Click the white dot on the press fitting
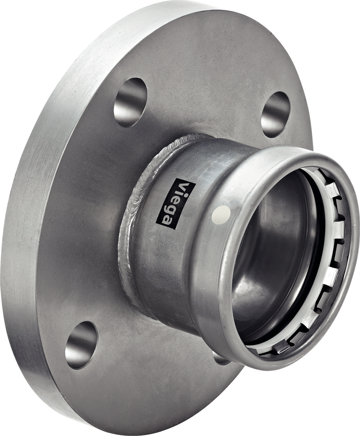(221, 215)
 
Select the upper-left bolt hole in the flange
(130, 102)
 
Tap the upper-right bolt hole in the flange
(275, 115)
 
